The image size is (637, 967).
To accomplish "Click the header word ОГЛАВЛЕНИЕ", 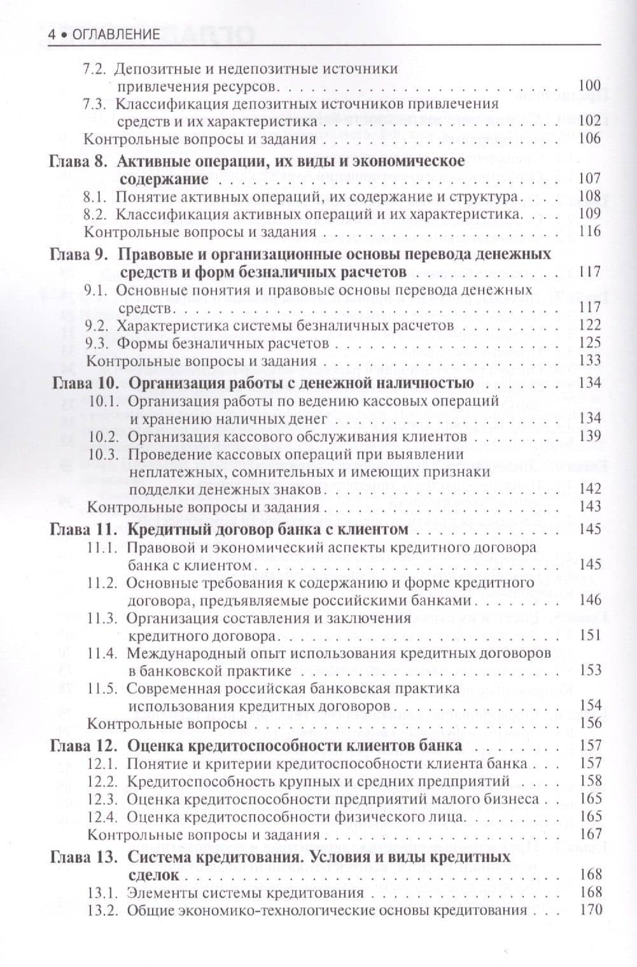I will (x=116, y=34).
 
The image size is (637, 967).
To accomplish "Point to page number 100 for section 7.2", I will (x=590, y=86).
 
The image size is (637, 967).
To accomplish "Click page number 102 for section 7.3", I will (x=590, y=121).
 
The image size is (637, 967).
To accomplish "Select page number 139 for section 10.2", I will (x=590, y=437).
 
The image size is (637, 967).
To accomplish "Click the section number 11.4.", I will (x=102, y=653).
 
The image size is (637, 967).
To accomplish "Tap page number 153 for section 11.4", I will (x=590, y=670).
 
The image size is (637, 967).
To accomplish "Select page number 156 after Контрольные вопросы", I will (x=590, y=723).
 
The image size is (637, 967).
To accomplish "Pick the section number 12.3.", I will (x=103, y=799).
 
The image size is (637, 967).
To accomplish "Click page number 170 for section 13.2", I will (x=590, y=910).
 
